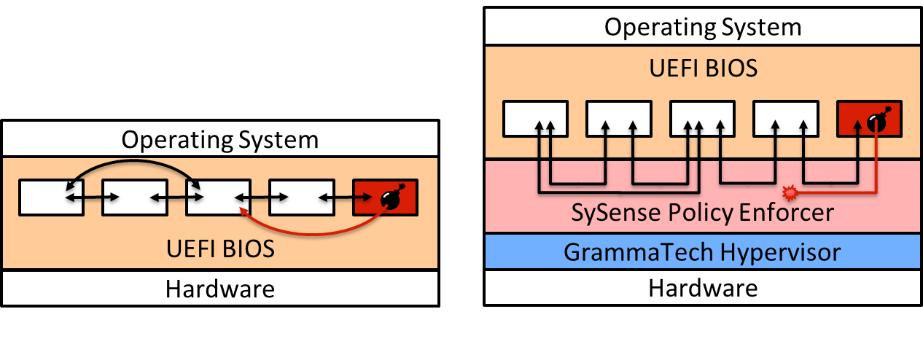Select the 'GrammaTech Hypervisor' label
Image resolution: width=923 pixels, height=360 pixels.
702,252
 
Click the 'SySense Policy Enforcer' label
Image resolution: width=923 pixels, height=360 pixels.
702,214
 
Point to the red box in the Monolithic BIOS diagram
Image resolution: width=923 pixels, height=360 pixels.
385,197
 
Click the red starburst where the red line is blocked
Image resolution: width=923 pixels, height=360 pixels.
789,193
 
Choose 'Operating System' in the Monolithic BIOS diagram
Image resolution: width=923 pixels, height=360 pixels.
219,139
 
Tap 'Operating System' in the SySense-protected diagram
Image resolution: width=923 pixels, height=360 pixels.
702,28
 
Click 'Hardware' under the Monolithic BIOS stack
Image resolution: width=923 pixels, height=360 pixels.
219,289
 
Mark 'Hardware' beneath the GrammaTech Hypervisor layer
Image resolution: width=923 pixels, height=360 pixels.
702,288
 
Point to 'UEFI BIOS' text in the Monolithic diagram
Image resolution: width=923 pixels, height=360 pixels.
219,249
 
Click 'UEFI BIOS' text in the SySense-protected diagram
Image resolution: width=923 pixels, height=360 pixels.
702,68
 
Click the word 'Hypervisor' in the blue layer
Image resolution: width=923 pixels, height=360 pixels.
781,252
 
